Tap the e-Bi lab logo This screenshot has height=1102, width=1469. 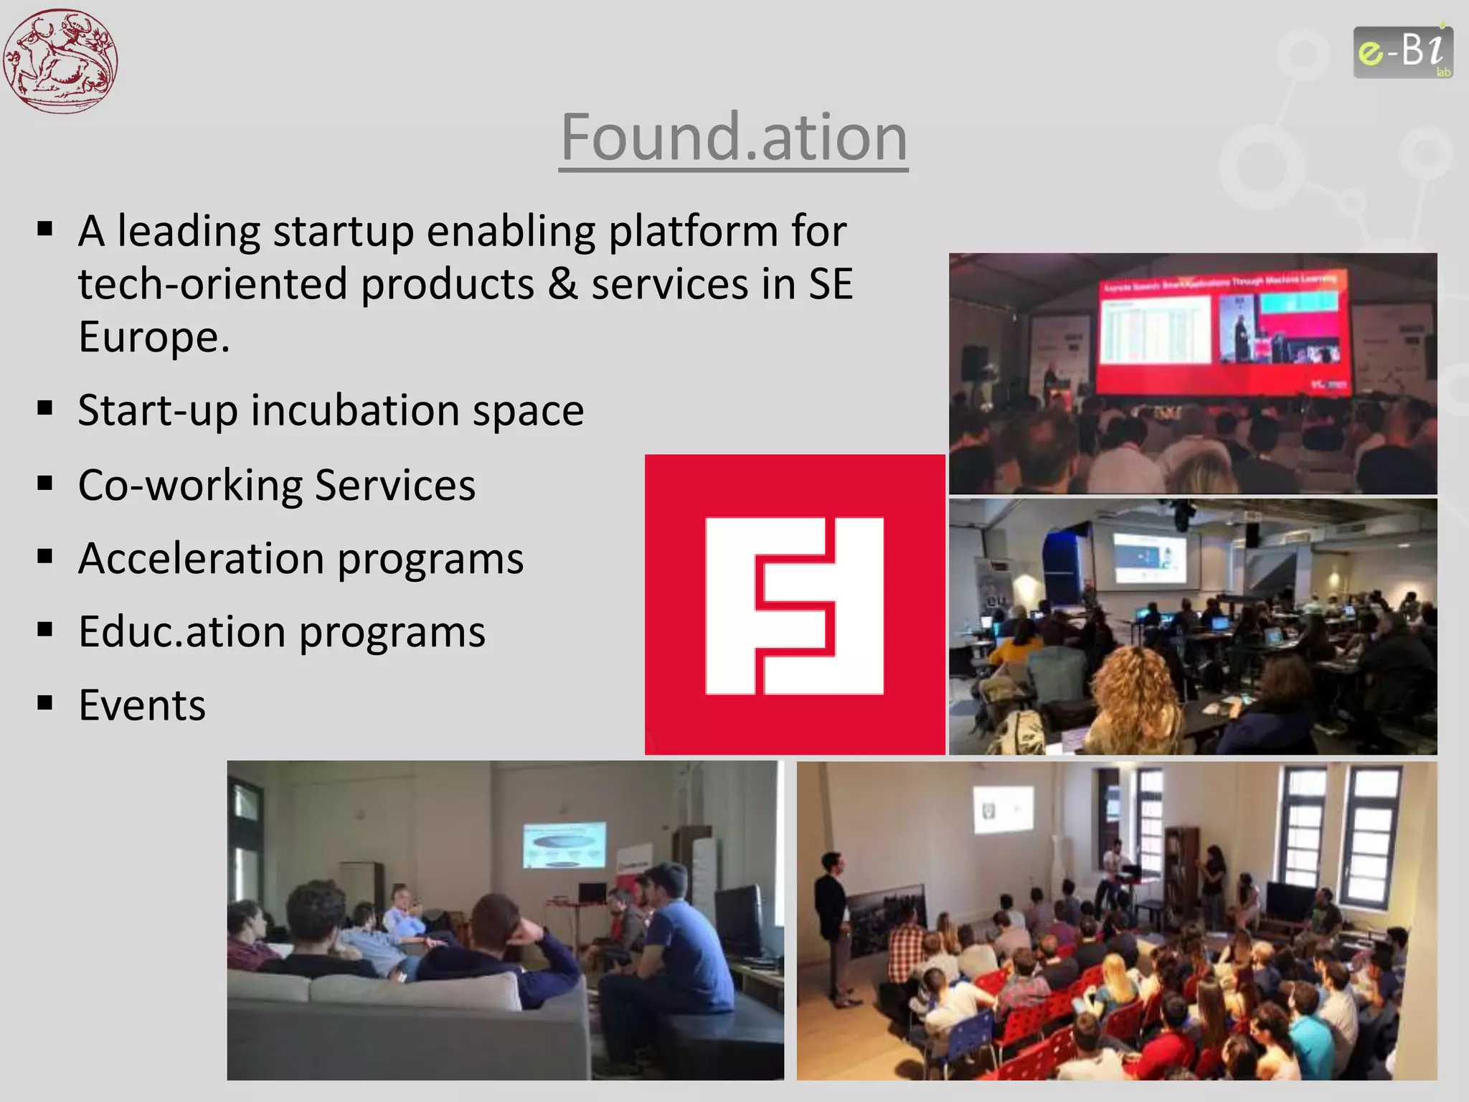pos(1402,52)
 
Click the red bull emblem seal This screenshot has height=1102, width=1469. pos(60,60)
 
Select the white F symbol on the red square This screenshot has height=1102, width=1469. pos(794,606)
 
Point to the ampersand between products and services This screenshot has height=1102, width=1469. pos(562,284)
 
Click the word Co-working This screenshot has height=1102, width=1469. pos(190,485)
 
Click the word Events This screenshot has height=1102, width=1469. pos(142,705)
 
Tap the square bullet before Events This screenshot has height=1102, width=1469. pos(45,702)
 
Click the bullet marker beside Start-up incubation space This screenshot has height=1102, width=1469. pos(45,408)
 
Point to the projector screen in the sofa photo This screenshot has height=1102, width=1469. pos(564,844)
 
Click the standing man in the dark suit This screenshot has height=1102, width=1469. pos(832,926)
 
